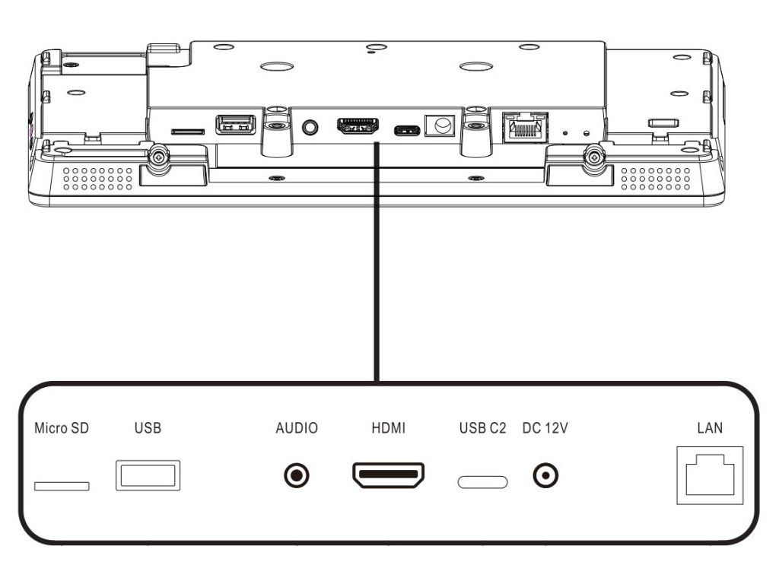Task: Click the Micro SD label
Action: (62, 428)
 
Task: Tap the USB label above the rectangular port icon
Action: (148, 428)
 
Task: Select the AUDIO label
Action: (297, 428)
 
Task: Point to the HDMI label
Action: (389, 428)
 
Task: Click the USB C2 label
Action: (482, 428)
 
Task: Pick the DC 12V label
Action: (545, 428)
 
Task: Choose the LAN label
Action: (710, 428)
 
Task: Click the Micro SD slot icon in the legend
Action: (62, 486)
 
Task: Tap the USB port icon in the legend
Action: (148, 476)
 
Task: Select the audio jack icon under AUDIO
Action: (297, 476)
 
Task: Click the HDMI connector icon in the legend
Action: (389, 475)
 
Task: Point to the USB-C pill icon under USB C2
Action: (482, 482)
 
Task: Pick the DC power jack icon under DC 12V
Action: (545, 476)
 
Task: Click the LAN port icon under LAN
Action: (710, 476)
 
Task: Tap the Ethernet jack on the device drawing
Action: (526, 128)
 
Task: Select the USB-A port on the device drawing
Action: (236, 125)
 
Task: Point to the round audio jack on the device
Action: (310, 127)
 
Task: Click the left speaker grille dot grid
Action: (98, 179)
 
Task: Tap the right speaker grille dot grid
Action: (656, 179)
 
